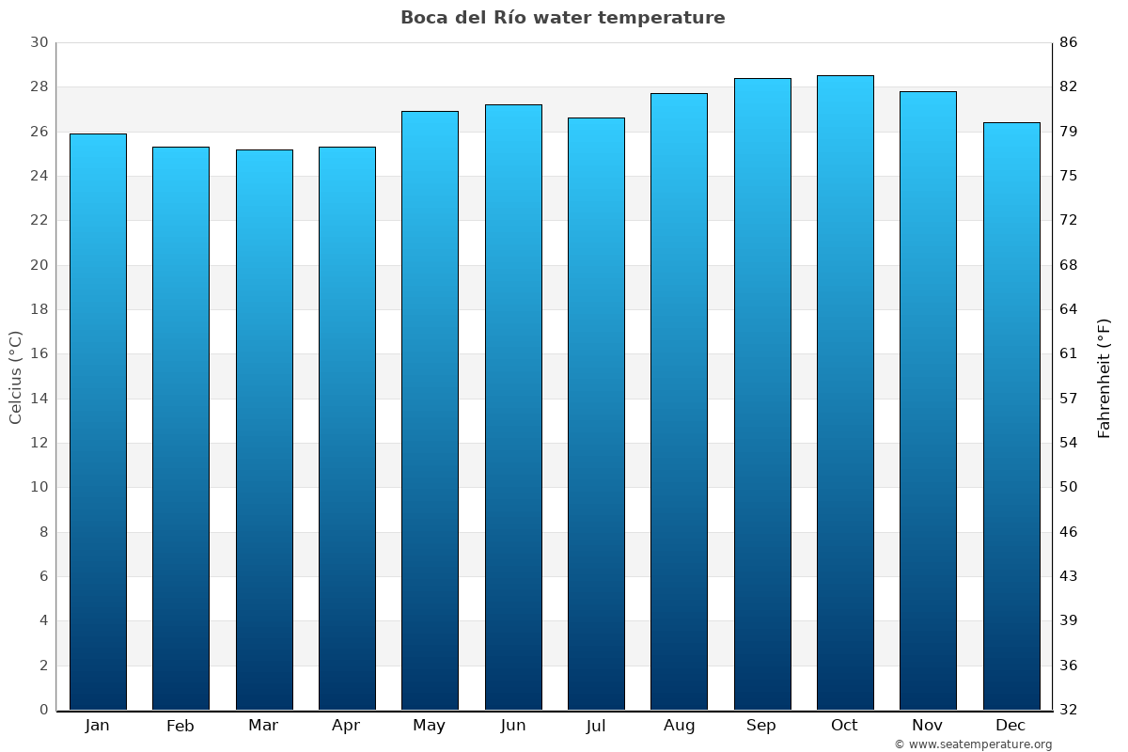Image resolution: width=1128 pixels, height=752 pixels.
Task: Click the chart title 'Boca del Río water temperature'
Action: [562, 18]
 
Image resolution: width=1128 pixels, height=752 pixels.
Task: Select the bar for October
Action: [845, 393]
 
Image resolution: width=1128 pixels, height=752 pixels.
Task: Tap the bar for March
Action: [264, 430]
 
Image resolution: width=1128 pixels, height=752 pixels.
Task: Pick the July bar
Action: [596, 414]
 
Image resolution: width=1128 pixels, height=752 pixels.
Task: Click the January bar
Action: [98, 422]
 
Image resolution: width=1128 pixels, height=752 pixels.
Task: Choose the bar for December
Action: [1011, 416]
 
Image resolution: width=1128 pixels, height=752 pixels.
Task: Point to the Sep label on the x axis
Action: [761, 726]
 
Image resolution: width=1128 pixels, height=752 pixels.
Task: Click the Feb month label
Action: [180, 726]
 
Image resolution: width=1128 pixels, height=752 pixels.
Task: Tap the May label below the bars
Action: [429, 726]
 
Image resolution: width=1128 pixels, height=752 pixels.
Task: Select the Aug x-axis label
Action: [679, 726]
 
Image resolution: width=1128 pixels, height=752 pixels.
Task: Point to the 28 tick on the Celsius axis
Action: [39, 87]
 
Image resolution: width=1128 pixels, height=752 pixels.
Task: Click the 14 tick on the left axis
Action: [39, 399]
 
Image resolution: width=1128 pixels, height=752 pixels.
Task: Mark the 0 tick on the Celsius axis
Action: [43, 710]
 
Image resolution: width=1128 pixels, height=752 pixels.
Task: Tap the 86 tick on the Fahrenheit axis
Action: [1069, 42]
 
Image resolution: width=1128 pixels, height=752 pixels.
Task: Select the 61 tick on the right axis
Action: [1069, 353]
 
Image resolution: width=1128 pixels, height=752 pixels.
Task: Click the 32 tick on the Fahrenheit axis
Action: [1069, 710]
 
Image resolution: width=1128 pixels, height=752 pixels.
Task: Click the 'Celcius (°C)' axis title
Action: [15, 377]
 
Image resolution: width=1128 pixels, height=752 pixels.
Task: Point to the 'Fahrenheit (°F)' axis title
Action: [1104, 377]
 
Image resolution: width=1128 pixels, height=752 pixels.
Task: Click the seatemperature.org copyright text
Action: [973, 744]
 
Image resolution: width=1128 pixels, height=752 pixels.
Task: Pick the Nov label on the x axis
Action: [928, 726]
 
